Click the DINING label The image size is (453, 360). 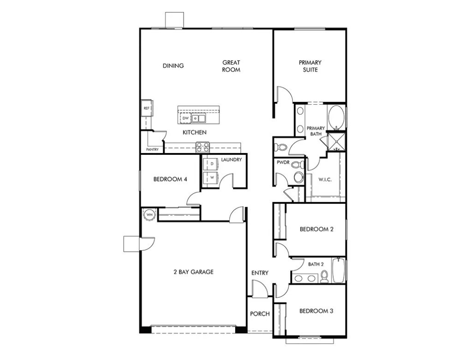(x=173, y=66)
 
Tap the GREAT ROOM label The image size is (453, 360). (x=231, y=66)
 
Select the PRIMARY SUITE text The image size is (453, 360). (x=310, y=66)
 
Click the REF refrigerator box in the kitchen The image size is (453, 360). (x=147, y=108)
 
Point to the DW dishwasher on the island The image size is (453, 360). (x=185, y=118)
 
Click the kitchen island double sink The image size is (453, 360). (x=199, y=119)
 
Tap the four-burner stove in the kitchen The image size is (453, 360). (x=203, y=147)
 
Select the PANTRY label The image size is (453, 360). (x=152, y=149)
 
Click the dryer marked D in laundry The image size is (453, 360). (x=212, y=164)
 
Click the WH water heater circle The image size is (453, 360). (x=149, y=214)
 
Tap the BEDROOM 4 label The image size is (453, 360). (x=170, y=179)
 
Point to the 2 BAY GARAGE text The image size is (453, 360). (x=193, y=272)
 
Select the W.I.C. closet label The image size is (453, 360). (x=325, y=179)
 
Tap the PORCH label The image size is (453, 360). (x=260, y=314)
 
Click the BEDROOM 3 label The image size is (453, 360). (x=316, y=311)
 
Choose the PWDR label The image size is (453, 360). (x=282, y=163)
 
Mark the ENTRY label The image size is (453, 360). (x=260, y=273)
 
